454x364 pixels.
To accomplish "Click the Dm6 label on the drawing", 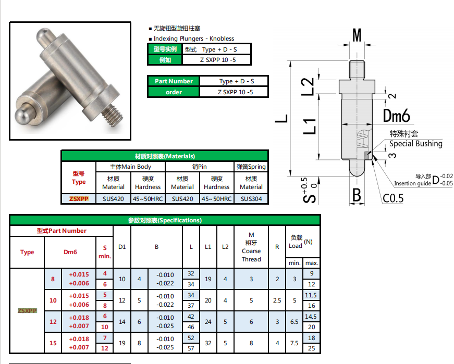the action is point(396,116).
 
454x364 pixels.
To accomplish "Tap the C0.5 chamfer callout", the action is point(393,198).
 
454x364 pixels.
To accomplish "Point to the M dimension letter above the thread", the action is point(357,35).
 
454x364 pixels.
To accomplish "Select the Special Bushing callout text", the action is point(416,144).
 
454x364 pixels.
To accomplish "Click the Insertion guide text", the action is point(412,183).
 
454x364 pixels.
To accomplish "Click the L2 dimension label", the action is point(308,86).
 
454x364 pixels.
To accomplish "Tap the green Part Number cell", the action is point(174,81).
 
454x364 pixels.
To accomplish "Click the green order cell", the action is point(174,92).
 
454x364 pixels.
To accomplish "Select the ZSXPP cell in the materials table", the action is point(79,199).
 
